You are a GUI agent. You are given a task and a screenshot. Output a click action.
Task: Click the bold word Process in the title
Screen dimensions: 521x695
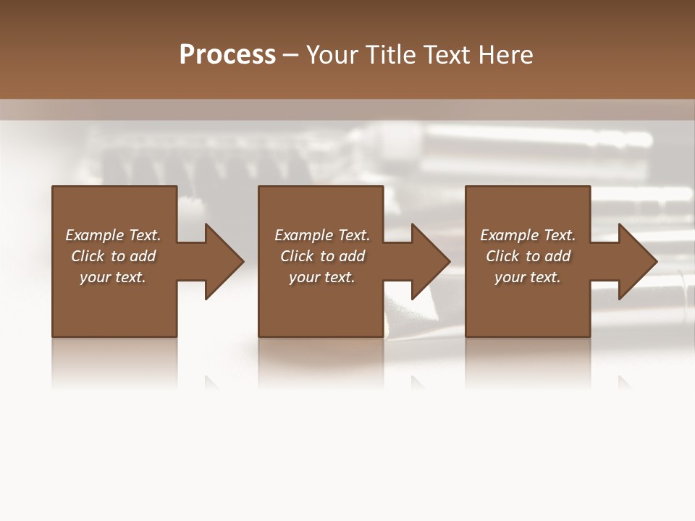pos(227,55)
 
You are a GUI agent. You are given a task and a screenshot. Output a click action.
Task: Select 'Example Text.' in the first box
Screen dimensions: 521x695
pos(113,235)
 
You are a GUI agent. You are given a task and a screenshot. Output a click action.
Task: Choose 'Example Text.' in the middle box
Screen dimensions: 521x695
pos(322,235)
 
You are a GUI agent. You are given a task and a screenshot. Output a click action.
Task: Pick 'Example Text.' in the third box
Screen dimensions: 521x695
pos(528,235)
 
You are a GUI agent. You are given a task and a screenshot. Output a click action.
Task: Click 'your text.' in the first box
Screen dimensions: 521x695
pos(113,277)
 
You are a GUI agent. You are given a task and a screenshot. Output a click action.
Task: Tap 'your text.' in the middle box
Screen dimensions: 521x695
pos(322,277)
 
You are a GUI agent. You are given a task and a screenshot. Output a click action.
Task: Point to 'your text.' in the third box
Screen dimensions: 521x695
pos(528,277)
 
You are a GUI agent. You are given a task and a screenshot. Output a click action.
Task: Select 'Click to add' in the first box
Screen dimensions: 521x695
pos(113,256)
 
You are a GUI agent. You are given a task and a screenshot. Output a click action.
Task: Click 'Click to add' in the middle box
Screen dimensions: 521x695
pos(322,256)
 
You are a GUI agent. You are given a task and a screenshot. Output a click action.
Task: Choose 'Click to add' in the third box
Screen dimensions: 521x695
pos(528,256)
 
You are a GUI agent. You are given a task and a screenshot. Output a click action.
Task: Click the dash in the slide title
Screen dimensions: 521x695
pos(290,56)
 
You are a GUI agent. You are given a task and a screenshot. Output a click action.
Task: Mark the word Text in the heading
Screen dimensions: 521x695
pos(444,55)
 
